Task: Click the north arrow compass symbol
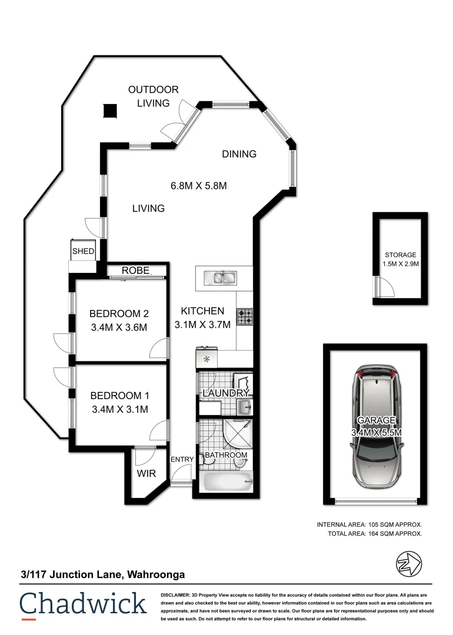408,564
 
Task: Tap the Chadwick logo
83,604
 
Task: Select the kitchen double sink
219,276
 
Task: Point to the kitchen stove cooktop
245,317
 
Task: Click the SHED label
83,251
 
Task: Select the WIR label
146,473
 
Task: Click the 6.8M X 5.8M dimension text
198,186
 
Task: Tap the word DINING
239,154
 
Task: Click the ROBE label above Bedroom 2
136,270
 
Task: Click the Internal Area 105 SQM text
369,524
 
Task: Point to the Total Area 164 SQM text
375,534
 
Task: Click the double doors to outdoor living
178,122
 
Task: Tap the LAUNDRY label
226,393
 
